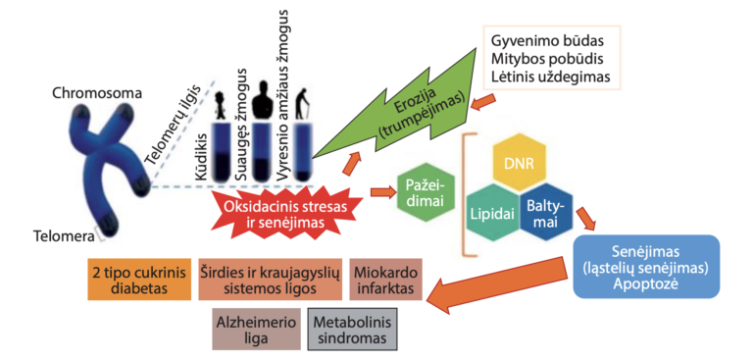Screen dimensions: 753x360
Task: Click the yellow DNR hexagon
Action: pyautogui.click(x=520, y=165)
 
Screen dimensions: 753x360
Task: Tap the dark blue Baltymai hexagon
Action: pyautogui.click(x=547, y=213)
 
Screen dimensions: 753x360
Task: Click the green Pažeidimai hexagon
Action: pyautogui.click(x=426, y=193)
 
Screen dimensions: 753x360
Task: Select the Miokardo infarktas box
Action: pyautogui.click(x=386, y=280)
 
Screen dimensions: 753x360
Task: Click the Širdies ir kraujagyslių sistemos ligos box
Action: pyautogui.click(x=271, y=280)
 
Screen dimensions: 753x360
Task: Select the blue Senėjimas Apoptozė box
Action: pyautogui.click(x=647, y=266)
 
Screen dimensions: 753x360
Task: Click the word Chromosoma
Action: pyautogui.click(x=98, y=93)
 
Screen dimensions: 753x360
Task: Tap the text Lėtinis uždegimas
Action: pyautogui.click(x=550, y=77)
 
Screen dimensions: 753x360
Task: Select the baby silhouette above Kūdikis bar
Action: pyautogui.click(x=221, y=105)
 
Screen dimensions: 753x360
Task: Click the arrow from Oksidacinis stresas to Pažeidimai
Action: pyautogui.click(x=381, y=192)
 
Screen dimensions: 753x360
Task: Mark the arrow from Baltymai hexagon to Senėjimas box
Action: pyautogui.click(x=586, y=218)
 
